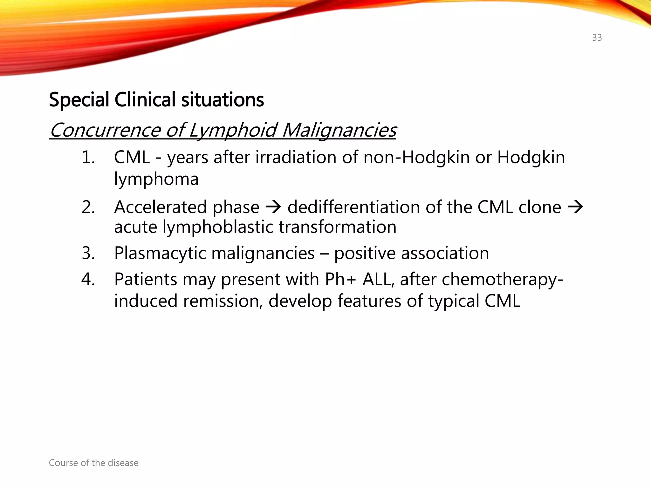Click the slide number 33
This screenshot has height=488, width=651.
point(597,38)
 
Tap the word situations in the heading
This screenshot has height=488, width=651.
point(222,100)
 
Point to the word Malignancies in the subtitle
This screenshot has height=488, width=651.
point(339,131)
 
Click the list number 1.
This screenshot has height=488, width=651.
point(88,158)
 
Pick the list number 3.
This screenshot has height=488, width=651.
point(88,254)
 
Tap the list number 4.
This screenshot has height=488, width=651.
point(88,280)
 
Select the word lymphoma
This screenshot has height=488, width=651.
point(156,179)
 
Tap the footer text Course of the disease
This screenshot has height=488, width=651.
point(93,463)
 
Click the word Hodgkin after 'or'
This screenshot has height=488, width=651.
point(531,158)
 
